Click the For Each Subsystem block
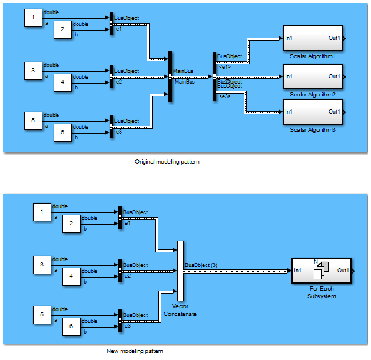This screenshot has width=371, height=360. (321, 271)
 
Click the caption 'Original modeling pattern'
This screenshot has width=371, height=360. (167, 161)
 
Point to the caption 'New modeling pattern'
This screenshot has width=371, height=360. (135, 351)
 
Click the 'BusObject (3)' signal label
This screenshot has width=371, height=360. (201, 265)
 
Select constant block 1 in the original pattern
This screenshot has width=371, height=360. (33, 18)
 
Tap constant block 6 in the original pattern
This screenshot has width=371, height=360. (63, 133)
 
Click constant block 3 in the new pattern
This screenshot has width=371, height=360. (42, 265)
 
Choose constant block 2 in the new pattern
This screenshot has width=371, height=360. (71, 224)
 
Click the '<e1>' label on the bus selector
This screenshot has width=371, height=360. (224, 66)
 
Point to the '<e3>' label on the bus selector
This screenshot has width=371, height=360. (224, 95)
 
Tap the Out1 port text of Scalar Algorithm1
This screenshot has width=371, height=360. (334, 39)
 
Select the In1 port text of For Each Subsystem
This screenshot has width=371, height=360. (298, 271)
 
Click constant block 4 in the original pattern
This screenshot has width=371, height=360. (63, 82)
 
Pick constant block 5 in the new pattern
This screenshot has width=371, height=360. (42, 315)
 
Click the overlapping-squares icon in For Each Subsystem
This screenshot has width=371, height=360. (322, 269)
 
